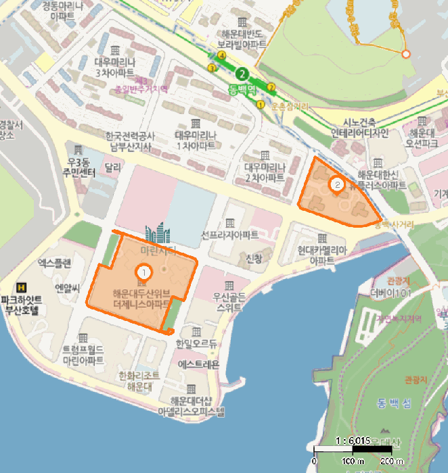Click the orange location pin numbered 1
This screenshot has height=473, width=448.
(x=143, y=271)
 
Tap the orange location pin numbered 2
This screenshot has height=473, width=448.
(x=336, y=183)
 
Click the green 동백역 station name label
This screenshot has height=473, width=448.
(x=241, y=88)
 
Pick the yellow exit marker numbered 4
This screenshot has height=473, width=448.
(x=222, y=55)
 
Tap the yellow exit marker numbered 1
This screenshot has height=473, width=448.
(x=260, y=104)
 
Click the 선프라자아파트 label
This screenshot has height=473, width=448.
(x=230, y=236)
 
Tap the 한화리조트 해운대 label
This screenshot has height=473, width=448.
(x=138, y=380)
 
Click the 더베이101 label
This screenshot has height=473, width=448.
(x=385, y=293)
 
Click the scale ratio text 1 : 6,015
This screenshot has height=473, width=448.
(x=352, y=440)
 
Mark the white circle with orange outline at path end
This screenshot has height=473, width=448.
(x=405, y=53)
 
